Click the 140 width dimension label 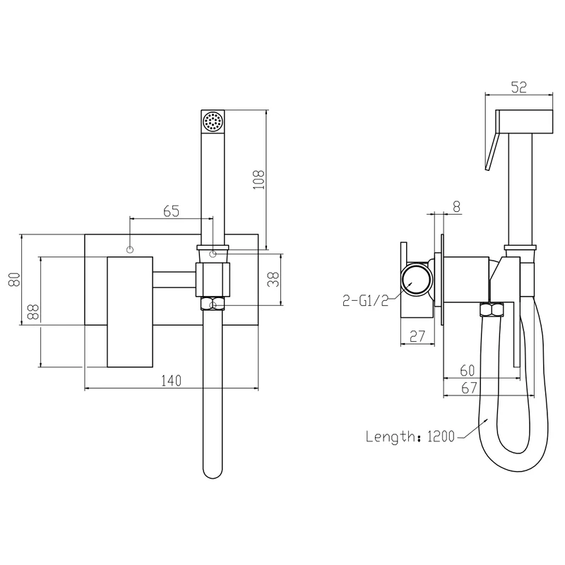click(171, 381)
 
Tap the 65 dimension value click(171, 211)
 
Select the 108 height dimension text click(258, 180)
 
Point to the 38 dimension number click(273, 279)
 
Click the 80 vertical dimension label click(14, 279)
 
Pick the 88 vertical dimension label click(33, 312)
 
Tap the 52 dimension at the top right click(519, 87)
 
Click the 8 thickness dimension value click(456, 207)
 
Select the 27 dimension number click(417, 337)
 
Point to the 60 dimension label click(468, 370)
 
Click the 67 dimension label click(469, 388)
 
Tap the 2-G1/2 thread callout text click(366, 300)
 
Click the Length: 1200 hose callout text click(410, 436)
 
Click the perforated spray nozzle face click(213, 121)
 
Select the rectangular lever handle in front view click(130, 312)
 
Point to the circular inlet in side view click(416, 280)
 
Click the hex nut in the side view click(491, 310)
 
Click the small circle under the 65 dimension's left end click(130, 249)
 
